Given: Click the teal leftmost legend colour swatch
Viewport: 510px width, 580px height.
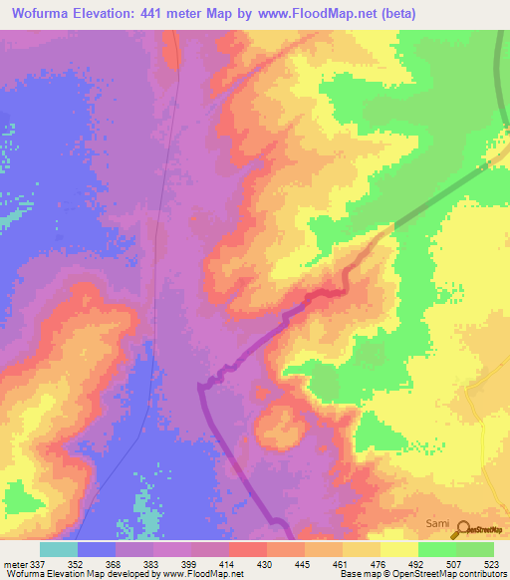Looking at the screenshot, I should click(59, 549).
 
